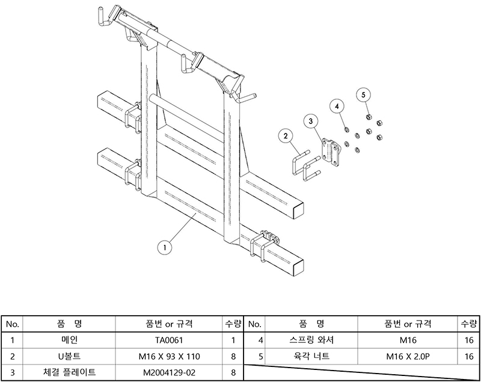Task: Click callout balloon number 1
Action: pos(164,245)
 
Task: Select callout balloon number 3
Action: pos(311,122)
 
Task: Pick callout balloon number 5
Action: pos(364,94)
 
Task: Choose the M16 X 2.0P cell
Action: pos(408,356)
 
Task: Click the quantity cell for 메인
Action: pos(232,339)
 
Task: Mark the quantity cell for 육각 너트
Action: pos(470,356)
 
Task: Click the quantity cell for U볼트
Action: pos(232,356)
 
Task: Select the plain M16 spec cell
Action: pos(408,339)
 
